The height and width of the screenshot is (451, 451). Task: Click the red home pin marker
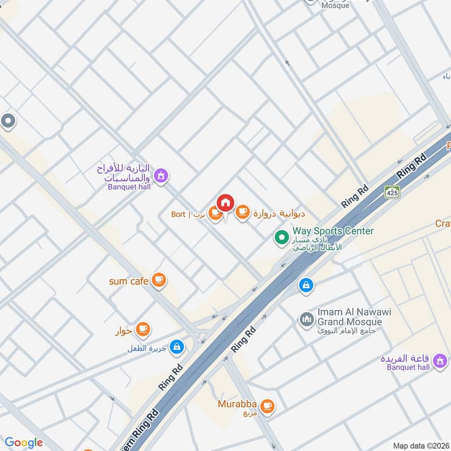coord(225,202)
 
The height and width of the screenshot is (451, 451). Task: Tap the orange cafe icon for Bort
coord(215,213)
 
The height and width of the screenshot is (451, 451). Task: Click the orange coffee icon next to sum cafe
coord(160,280)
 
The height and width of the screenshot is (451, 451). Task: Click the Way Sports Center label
coord(333,231)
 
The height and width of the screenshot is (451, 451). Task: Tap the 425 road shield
coord(392,192)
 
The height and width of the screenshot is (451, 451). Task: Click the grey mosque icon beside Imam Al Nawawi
coord(307,320)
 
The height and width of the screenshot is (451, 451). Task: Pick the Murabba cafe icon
coord(267,405)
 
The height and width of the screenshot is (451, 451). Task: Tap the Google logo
coord(24,443)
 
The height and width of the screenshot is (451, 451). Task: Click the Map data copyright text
coord(420,445)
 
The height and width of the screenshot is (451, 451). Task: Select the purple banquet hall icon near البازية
coord(161,176)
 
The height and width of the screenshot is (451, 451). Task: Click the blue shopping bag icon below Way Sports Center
coord(306,285)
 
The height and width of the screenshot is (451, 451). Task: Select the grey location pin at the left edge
coord(8,121)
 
